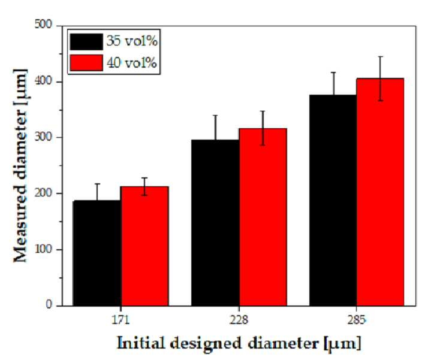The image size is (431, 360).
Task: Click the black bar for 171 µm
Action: tap(97, 253)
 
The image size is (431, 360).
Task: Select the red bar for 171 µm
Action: tap(144, 246)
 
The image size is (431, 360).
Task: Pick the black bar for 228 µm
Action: tap(215, 223)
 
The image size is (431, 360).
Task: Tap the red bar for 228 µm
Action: tap(263, 217)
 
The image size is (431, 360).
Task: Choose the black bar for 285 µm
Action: tap(333, 200)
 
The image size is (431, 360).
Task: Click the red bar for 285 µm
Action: tap(381, 192)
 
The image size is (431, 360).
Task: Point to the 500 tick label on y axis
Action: tap(43, 25)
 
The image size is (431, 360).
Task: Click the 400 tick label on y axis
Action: tap(43, 81)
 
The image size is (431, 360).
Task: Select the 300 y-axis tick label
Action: tap(43, 137)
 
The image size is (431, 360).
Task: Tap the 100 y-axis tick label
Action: tap(43, 249)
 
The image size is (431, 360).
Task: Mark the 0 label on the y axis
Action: tap(49, 305)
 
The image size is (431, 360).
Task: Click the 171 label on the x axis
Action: tap(120, 320)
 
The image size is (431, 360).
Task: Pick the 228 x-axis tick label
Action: tap(239, 320)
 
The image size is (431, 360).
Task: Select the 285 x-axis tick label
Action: tap(357, 320)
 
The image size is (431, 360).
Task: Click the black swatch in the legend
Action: tap(86, 42)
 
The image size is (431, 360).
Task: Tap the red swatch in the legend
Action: tap(86, 63)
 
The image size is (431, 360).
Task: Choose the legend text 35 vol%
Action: tap(132, 41)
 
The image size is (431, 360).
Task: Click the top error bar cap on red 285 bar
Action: tap(381, 56)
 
